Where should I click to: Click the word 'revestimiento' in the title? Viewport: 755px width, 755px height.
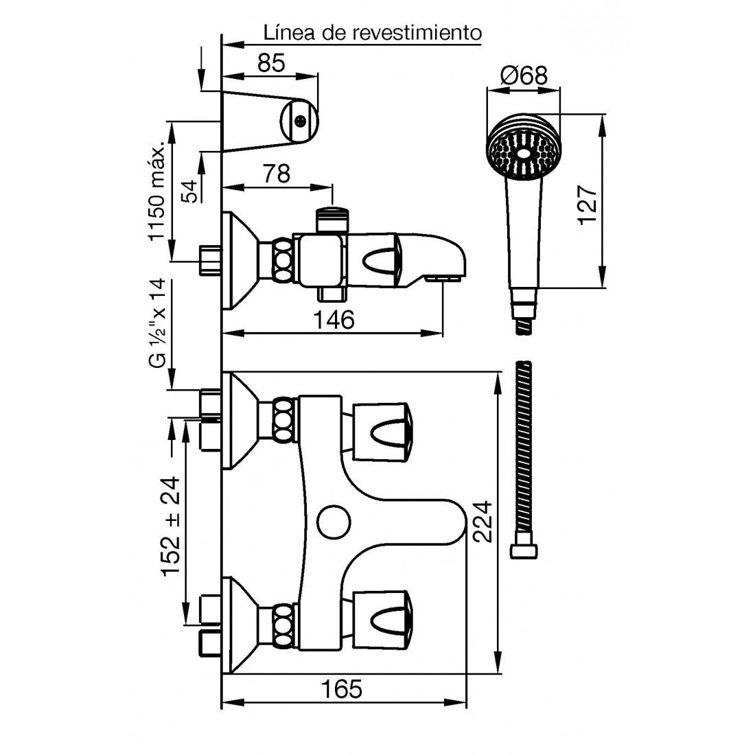pyautogui.click(x=417, y=33)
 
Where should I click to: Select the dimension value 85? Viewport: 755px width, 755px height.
pyautogui.click(x=271, y=63)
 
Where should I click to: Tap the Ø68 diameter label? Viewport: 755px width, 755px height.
pyautogui.click(x=524, y=75)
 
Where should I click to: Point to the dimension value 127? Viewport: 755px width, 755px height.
pyautogui.click(x=588, y=205)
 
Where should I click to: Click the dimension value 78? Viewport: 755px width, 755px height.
pyautogui.click(x=277, y=174)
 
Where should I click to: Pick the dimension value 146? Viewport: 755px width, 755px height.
pyautogui.click(x=334, y=319)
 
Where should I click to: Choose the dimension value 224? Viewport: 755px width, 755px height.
pyautogui.click(x=482, y=522)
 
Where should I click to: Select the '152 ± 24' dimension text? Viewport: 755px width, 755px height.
pyautogui.click(x=170, y=526)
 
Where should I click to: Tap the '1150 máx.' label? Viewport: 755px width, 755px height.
pyautogui.click(x=157, y=191)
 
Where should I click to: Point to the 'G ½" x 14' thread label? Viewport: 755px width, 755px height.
pyautogui.click(x=157, y=323)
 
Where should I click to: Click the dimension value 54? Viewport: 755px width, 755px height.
pyautogui.click(x=191, y=191)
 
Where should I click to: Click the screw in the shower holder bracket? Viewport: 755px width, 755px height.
pyautogui.click(x=300, y=121)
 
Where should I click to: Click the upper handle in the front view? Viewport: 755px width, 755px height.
pyautogui.click(x=384, y=432)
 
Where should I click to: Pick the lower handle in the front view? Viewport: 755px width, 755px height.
pyautogui.click(x=384, y=619)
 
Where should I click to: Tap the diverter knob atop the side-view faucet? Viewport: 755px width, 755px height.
pyautogui.click(x=332, y=219)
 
